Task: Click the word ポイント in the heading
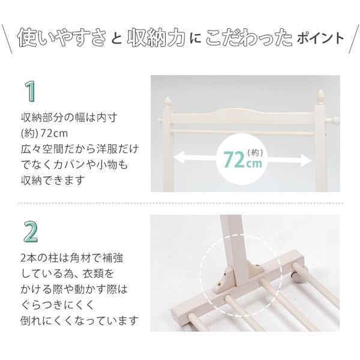coord(320,39)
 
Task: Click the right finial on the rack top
coord(321,96)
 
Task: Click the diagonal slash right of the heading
coord(353,40)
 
